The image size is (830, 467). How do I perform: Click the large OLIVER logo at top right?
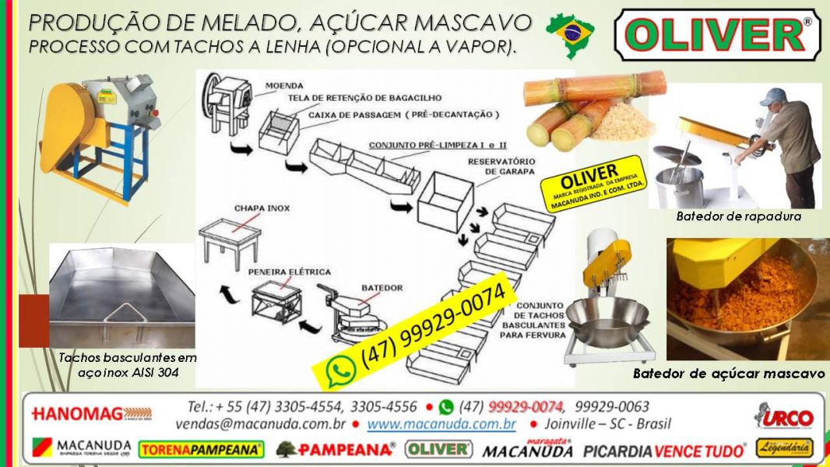(x=717, y=35)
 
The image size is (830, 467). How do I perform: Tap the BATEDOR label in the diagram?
(x=382, y=288)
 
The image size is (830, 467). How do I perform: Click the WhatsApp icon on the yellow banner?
(x=340, y=370)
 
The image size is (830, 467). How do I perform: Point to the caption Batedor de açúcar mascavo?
(x=728, y=374)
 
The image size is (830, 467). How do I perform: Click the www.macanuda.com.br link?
(x=441, y=425)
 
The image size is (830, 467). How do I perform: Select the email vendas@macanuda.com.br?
(x=261, y=425)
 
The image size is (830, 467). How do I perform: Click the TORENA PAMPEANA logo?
(x=201, y=449)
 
